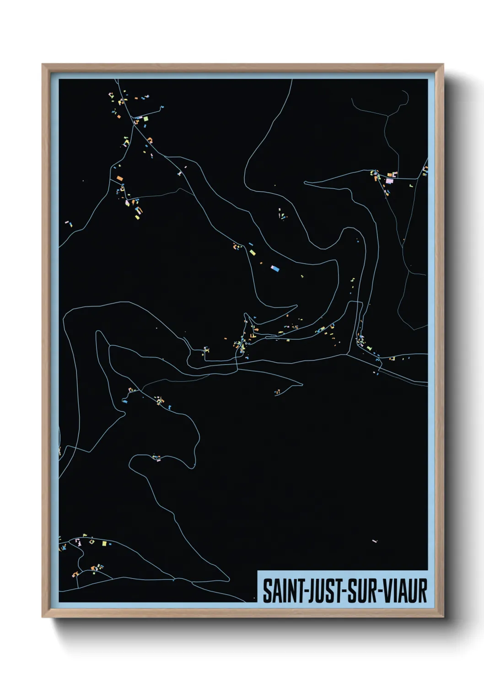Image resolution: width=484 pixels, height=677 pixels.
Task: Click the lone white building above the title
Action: coord(375,541)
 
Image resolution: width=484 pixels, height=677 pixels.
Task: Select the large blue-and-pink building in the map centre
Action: coord(274,268)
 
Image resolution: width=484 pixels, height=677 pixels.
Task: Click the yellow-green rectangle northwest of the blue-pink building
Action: coord(252,252)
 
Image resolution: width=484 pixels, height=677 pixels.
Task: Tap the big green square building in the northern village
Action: coord(145,118)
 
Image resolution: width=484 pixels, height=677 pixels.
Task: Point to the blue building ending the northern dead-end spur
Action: coord(161,108)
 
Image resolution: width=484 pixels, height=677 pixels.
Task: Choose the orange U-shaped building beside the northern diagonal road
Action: coord(150,140)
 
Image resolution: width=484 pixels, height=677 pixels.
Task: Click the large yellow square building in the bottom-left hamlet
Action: coord(104,543)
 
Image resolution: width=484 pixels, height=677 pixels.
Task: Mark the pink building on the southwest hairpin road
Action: coord(158,459)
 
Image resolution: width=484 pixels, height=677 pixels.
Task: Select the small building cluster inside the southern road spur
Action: coord(277,392)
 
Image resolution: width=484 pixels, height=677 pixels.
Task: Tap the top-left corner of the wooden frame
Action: coord(43,65)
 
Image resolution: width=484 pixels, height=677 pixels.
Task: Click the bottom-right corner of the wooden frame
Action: coord(443,617)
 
